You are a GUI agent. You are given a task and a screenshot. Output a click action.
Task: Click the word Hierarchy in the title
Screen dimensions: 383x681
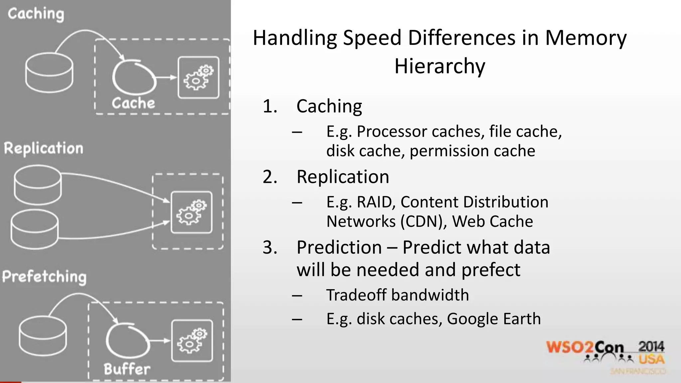coord(440,66)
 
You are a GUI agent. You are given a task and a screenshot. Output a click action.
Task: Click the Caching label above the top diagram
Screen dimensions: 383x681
coord(36,14)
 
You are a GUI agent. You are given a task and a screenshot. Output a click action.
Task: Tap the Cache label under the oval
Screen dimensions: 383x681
coord(133,103)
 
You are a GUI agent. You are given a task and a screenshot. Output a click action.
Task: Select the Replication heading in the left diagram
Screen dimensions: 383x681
coord(44,148)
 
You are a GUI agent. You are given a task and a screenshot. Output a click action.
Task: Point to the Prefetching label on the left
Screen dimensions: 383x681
coord(44,277)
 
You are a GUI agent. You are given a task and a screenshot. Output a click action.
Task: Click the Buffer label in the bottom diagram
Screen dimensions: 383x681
coord(127,369)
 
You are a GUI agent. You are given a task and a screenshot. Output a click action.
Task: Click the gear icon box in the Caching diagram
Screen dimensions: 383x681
coord(199,78)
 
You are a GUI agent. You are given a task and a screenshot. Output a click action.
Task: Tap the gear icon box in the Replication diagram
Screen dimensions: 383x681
coord(192,212)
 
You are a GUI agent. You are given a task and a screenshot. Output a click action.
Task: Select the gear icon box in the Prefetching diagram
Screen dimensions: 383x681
coord(192,341)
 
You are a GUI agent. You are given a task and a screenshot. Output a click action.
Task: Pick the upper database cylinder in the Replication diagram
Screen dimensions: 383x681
coord(38,185)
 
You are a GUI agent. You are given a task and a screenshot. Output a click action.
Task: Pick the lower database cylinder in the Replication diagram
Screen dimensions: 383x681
coord(35,229)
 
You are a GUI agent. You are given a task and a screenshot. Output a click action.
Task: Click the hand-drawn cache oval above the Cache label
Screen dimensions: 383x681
coord(134,77)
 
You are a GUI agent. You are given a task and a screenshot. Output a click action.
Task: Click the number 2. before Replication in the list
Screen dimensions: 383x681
coord(270,177)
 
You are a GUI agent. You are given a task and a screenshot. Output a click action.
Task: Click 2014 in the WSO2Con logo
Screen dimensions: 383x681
coord(651,347)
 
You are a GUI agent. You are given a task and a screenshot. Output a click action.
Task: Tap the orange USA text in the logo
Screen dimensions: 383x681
coord(651,359)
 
